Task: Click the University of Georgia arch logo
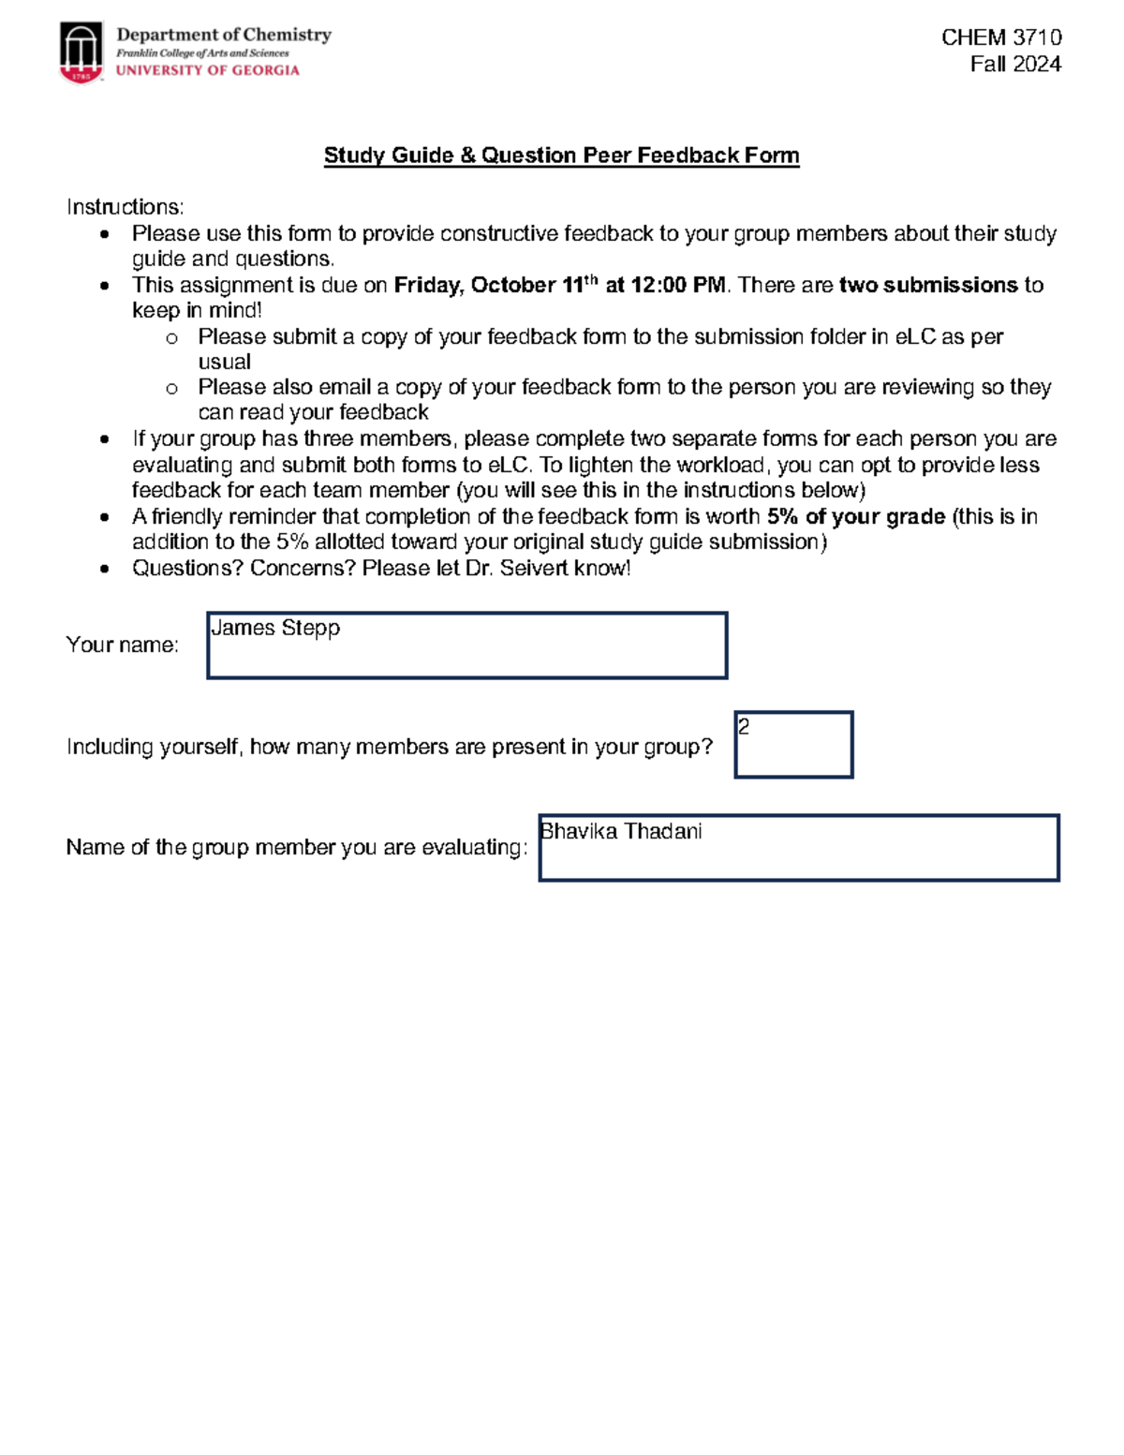click(x=81, y=52)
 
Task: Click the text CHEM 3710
click(x=1000, y=37)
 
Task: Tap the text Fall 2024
click(x=1015, y=65)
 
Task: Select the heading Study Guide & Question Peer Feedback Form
click(x=561, y=156)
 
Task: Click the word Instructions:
click(x=126, y=207)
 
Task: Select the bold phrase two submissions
click(x=927, y=285)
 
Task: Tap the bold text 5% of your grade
click(x=855, y=517)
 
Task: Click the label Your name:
click(x=122, y=645)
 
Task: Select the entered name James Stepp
click(x=275, y=628)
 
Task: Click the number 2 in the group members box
click(x=744, y=726)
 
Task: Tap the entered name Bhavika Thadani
click(x=621, y=832)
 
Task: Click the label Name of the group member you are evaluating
click(x=296, y=848)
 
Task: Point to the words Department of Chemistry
click(x=224, y=35)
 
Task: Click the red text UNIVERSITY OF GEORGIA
click(x=207, y=70)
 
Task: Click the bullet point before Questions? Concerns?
click(x=105, y=569)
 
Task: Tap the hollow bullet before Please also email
click(x=171, y=388)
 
